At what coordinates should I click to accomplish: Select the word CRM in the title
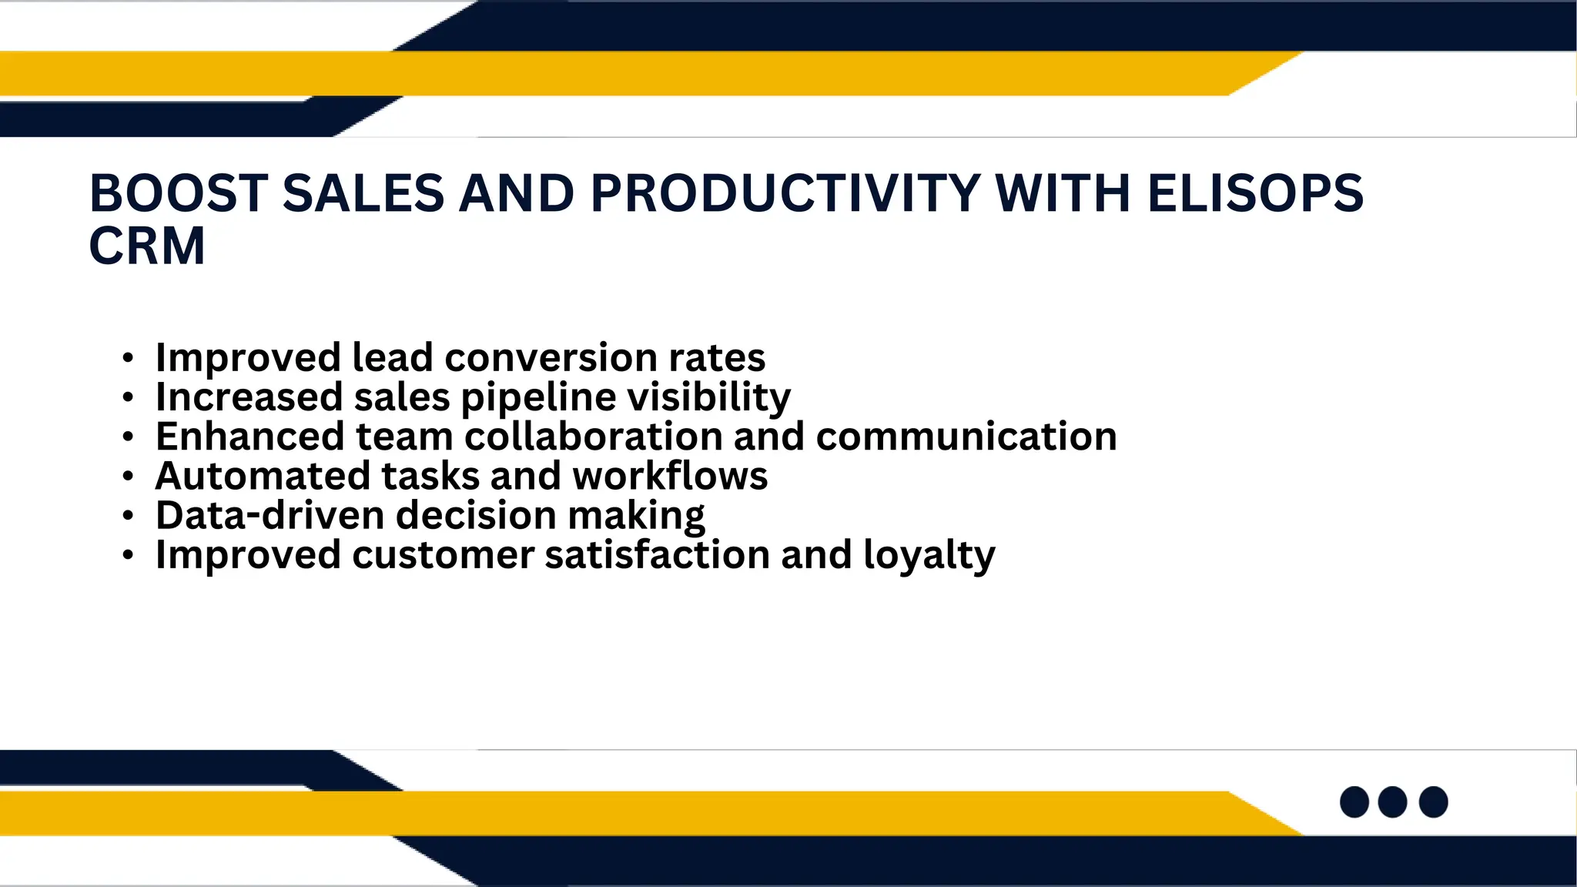point(147,246)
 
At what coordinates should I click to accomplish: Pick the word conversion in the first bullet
point(551,357)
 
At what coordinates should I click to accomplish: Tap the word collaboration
point(593,437)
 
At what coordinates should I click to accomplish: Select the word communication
point(966,437)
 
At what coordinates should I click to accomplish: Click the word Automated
point(263,476)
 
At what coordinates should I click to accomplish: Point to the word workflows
point(670,476)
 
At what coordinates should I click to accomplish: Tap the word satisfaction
point(657,555)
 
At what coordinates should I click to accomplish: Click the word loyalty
point(929,555)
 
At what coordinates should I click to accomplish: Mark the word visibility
point(709,397)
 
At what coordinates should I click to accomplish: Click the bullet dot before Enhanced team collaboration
point(128,437)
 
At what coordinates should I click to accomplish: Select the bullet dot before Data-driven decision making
point(128,516)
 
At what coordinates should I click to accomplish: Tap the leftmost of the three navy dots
point(1354,802)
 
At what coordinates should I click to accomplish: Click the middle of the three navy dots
point(1392,802)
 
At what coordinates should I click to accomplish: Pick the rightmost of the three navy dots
point(1433,802)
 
